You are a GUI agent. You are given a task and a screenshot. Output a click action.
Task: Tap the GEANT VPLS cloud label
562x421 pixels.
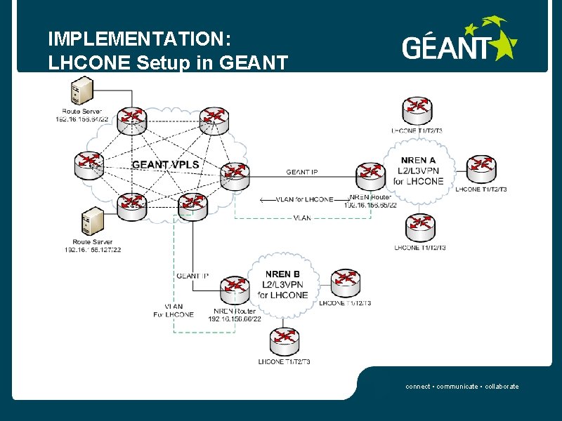point(166,165)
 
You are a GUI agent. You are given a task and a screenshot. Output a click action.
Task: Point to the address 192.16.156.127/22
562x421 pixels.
point(93,250)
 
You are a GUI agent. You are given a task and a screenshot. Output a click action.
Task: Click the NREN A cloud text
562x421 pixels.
point(419,171)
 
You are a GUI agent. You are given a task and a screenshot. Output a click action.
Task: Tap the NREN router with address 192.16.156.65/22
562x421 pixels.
point(370,175)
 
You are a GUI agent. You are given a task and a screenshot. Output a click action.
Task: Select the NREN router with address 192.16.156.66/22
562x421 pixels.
point(235,287)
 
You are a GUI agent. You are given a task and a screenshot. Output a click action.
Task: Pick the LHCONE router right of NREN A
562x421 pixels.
point(481,167)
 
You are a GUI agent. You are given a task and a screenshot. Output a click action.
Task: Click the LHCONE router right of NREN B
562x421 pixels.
point(346,283)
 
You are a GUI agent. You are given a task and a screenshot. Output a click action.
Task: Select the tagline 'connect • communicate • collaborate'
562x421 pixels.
point(462,387)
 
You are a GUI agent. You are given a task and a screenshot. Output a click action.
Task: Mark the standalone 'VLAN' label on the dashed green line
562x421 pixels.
point(302,218)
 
